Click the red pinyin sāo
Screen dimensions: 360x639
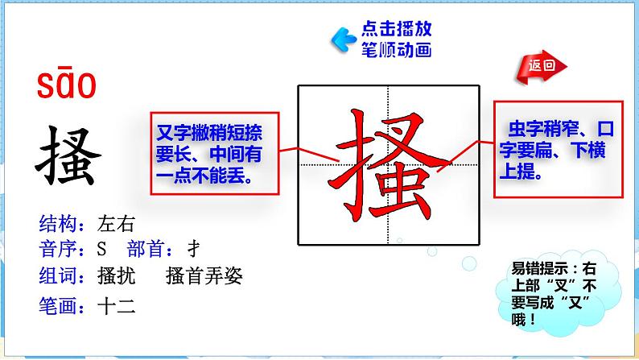66,85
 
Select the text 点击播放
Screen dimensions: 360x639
396,30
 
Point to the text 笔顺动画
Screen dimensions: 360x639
396,50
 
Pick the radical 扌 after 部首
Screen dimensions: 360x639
192,248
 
